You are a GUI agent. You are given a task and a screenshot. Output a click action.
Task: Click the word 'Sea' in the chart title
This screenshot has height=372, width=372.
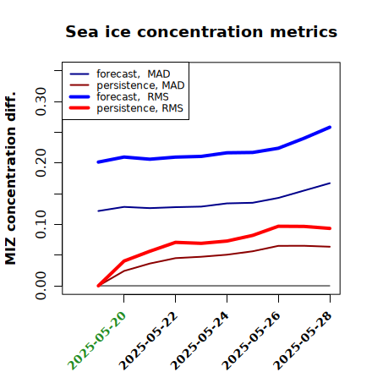coord(82,31)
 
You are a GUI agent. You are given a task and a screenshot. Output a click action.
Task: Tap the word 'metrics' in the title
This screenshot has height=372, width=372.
coord(304,31)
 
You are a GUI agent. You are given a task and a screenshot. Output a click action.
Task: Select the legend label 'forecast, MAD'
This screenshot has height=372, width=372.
coord(134,74)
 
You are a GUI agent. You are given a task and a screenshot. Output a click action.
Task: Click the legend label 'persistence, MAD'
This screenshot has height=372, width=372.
coord(140,85)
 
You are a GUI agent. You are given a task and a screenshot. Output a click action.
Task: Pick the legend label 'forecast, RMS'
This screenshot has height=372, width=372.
coord(133,97)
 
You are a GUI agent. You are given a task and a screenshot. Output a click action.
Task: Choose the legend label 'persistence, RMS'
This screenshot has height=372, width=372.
coord(139,108)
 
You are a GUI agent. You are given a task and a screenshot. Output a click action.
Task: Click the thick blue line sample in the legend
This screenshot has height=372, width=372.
coord(79,97)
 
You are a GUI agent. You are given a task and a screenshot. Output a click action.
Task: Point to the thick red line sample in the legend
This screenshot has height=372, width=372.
coord(79,108)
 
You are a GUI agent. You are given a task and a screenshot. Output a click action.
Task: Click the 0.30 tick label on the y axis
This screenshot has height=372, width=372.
coord(41,101)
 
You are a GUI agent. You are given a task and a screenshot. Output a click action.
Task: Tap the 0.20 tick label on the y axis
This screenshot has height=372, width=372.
coord(41,163)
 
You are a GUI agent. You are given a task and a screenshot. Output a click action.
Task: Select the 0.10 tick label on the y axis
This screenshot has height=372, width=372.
coord(41,224)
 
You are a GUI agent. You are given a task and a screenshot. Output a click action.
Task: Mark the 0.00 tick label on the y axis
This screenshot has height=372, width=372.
coord(41,286)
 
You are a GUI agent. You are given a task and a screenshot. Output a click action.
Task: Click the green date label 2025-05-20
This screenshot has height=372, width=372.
coord(96,341)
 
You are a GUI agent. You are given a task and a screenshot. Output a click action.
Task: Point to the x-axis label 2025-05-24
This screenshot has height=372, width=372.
coord(200,341)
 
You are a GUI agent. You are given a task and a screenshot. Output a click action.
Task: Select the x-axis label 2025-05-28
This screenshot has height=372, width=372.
coord(303,341)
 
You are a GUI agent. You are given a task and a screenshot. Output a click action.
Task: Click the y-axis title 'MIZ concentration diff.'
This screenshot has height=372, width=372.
coord(10,178)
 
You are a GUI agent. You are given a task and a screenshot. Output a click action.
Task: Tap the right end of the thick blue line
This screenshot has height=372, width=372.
coord(330,128)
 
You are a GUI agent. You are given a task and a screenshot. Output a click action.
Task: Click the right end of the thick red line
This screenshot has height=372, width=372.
coord(330,228)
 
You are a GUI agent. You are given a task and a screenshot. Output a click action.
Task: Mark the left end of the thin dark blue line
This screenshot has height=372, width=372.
coord(98,211)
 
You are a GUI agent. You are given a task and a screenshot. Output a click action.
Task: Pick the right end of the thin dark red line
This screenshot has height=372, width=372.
coord(330,247)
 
